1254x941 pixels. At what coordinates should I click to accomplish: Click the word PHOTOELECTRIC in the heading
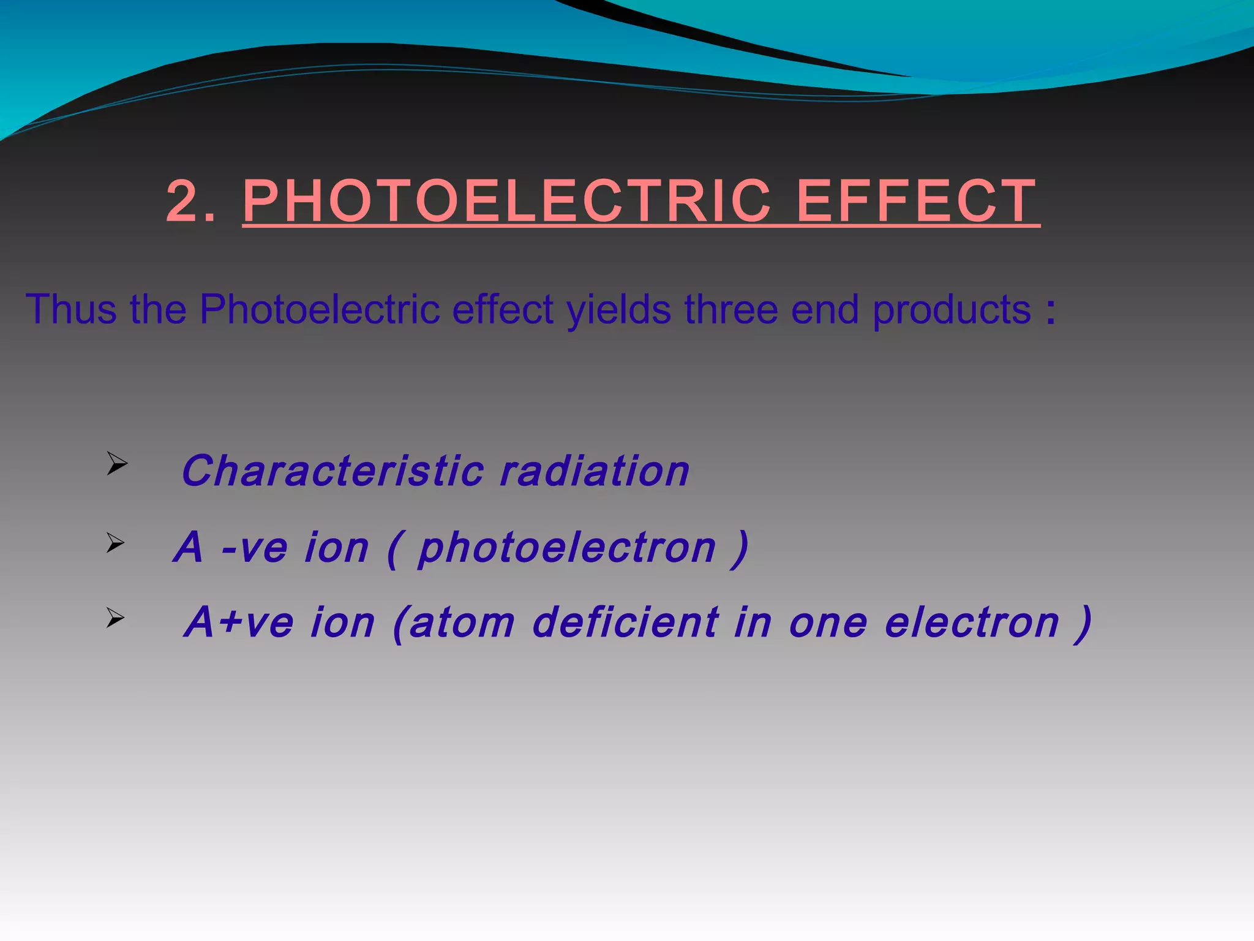click(506, 202)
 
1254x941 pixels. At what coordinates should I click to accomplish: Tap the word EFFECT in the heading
click(917, 202)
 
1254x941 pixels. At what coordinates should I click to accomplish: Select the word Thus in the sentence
click(71, 309)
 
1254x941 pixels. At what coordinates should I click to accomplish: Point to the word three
click(732, 309)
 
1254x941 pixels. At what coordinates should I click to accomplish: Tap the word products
click(952, 310)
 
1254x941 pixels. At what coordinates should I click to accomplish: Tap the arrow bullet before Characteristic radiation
click(116, 464)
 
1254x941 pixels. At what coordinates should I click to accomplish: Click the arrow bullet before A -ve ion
click(115, 543)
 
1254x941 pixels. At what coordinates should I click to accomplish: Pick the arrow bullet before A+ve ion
click(115, 618)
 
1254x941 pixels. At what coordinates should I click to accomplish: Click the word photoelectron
click(567, 548)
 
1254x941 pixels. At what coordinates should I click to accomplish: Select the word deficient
click(625, 622)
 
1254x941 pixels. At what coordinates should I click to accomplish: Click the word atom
click(462, 622)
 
